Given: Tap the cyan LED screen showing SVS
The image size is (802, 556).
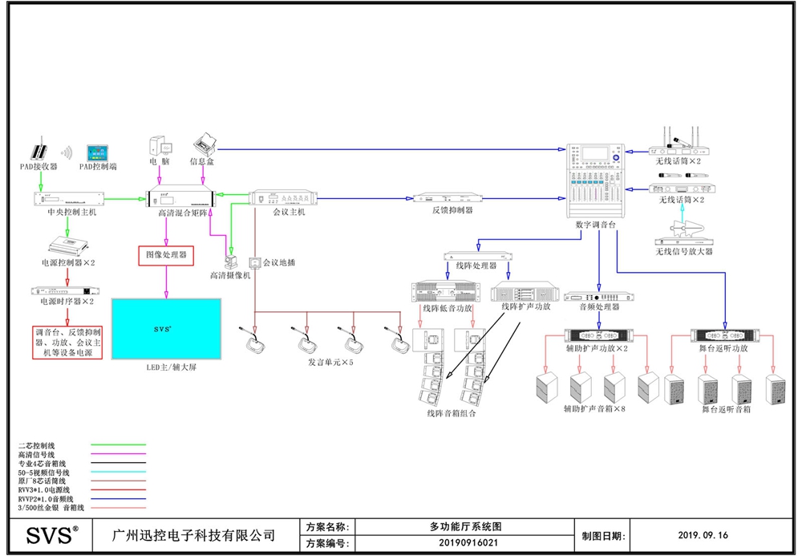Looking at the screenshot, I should [x=166, y=330].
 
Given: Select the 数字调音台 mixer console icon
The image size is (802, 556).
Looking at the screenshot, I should [x=593, y=181].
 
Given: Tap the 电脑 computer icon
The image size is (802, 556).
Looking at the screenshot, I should [x=158, y=146].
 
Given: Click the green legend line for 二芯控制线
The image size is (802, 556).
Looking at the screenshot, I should [x=118, y=444].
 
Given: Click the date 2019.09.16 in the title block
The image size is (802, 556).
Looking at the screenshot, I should [x=703, y=535].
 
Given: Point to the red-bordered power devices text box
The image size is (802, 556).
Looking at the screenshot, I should [x=67, y=342].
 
